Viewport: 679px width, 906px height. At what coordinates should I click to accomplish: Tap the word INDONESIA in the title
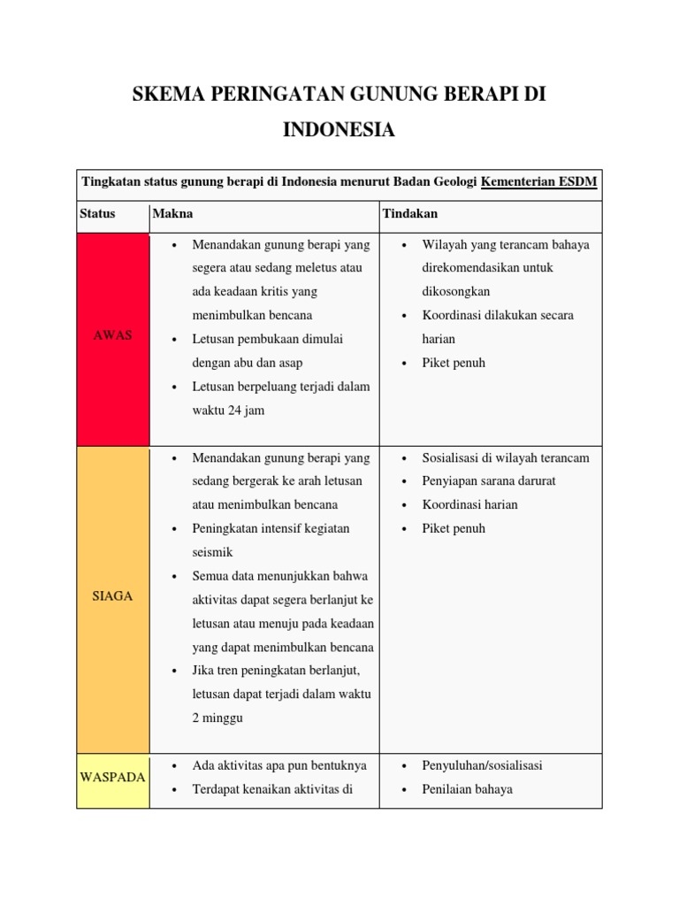[x=339, y=130]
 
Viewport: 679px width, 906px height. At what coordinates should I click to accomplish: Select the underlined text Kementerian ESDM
[x=538, y=182]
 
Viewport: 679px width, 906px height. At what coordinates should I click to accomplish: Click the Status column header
[x=97, y=214]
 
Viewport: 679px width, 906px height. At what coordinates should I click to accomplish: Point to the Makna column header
[x=172, y=214]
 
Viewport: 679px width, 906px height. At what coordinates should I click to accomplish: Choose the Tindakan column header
[x=409, y=214]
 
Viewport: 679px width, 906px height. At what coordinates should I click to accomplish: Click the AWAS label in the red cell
[x=112, y=335]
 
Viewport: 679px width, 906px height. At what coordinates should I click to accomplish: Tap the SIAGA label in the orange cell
[x=112, y=596]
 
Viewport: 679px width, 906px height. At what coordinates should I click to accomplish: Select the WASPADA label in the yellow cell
[x=112, y=777]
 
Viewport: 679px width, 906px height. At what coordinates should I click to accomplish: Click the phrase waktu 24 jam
[x=228, y=411]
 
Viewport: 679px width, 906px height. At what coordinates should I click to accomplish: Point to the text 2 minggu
[x=217, y=718]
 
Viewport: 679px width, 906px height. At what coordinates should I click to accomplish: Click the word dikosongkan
[x=456, y=291]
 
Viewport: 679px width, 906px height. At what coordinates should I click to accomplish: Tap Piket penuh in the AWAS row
[x=454, y=363]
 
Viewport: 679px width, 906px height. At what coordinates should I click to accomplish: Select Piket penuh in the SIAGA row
[x=454, y=528]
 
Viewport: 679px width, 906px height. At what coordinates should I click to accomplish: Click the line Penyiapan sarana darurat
[x=489, y=481]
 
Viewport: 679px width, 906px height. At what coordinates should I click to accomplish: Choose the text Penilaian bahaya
[x=467, y=789]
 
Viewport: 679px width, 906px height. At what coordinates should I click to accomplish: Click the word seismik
[x=212, y=552]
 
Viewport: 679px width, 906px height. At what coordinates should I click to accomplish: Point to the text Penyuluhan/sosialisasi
[x=482, y=765]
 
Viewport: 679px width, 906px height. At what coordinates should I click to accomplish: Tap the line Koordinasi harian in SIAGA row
[x=470, y=504]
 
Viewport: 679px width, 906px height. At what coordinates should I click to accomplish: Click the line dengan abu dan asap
[x=247, y=363]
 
